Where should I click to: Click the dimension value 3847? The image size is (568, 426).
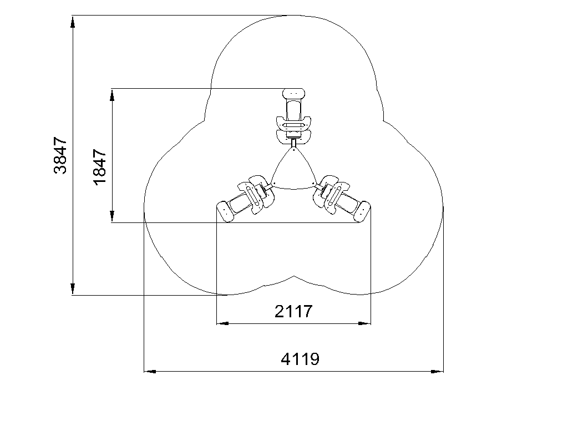click(x=60, y=155)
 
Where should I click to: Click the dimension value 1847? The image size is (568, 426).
click(x=100, y=167)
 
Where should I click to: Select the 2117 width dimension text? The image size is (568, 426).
click(x=293, y=311)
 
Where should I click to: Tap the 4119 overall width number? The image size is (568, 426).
click(x=300, y=359)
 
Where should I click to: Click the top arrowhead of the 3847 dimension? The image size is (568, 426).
click(x=73, y=22)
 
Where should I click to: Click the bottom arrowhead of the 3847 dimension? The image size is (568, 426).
click(x=73, y=289)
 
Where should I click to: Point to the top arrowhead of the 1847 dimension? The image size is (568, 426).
click(x=112, y=94)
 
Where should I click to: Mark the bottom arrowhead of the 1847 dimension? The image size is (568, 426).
click(x=112, y=216)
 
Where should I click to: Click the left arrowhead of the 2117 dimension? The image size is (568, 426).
click(x=222, y=323)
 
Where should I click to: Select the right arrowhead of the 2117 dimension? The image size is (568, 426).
click(x=364, y=323)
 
